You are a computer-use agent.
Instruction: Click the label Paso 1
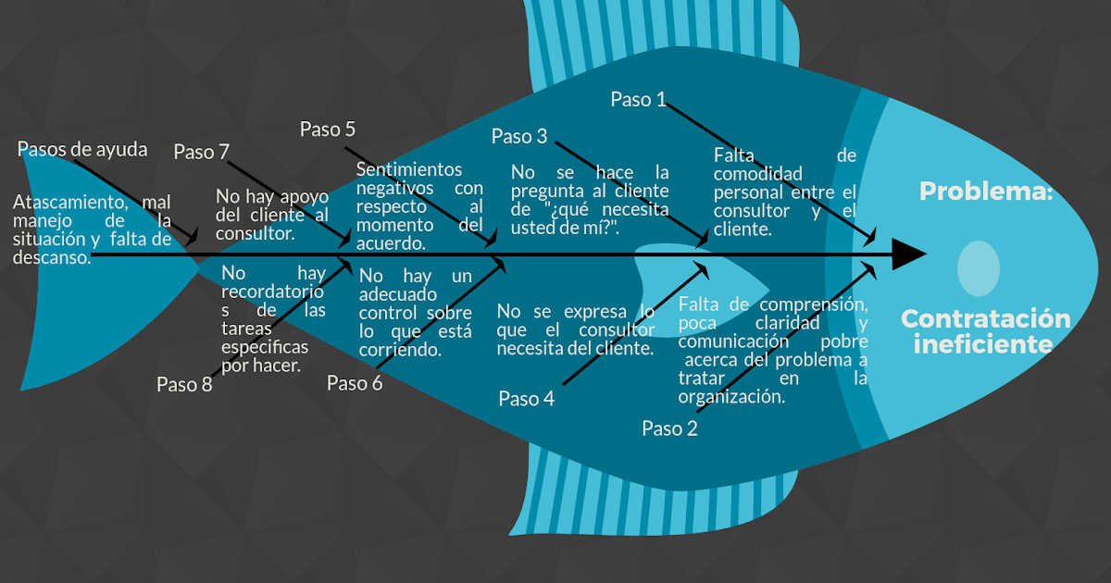point(638,100)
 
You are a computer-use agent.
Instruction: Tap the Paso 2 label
point(669,428)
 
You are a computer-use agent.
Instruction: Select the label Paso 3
point(518,137)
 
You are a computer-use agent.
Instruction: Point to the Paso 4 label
point(526,399)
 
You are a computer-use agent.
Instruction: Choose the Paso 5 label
point(327,130)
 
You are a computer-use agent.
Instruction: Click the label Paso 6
point(355,383)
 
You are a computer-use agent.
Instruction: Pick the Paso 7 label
point(201,152)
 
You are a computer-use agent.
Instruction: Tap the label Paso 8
point(184,385)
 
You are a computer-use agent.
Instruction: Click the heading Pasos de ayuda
point(82,149)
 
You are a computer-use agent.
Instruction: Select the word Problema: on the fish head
point(986,192)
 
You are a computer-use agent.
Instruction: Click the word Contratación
point(985,319)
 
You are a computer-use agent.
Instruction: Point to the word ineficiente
point(983,345)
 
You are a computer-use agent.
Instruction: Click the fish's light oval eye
point(979,268)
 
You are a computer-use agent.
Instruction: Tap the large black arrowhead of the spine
point(907,254)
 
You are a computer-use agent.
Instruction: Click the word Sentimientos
point(408,169)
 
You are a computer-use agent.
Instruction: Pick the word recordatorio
point(273,292)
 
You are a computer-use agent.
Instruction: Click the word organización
point(730,397)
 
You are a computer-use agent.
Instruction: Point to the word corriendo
point(400,352)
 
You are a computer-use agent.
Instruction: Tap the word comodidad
point(757,174)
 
